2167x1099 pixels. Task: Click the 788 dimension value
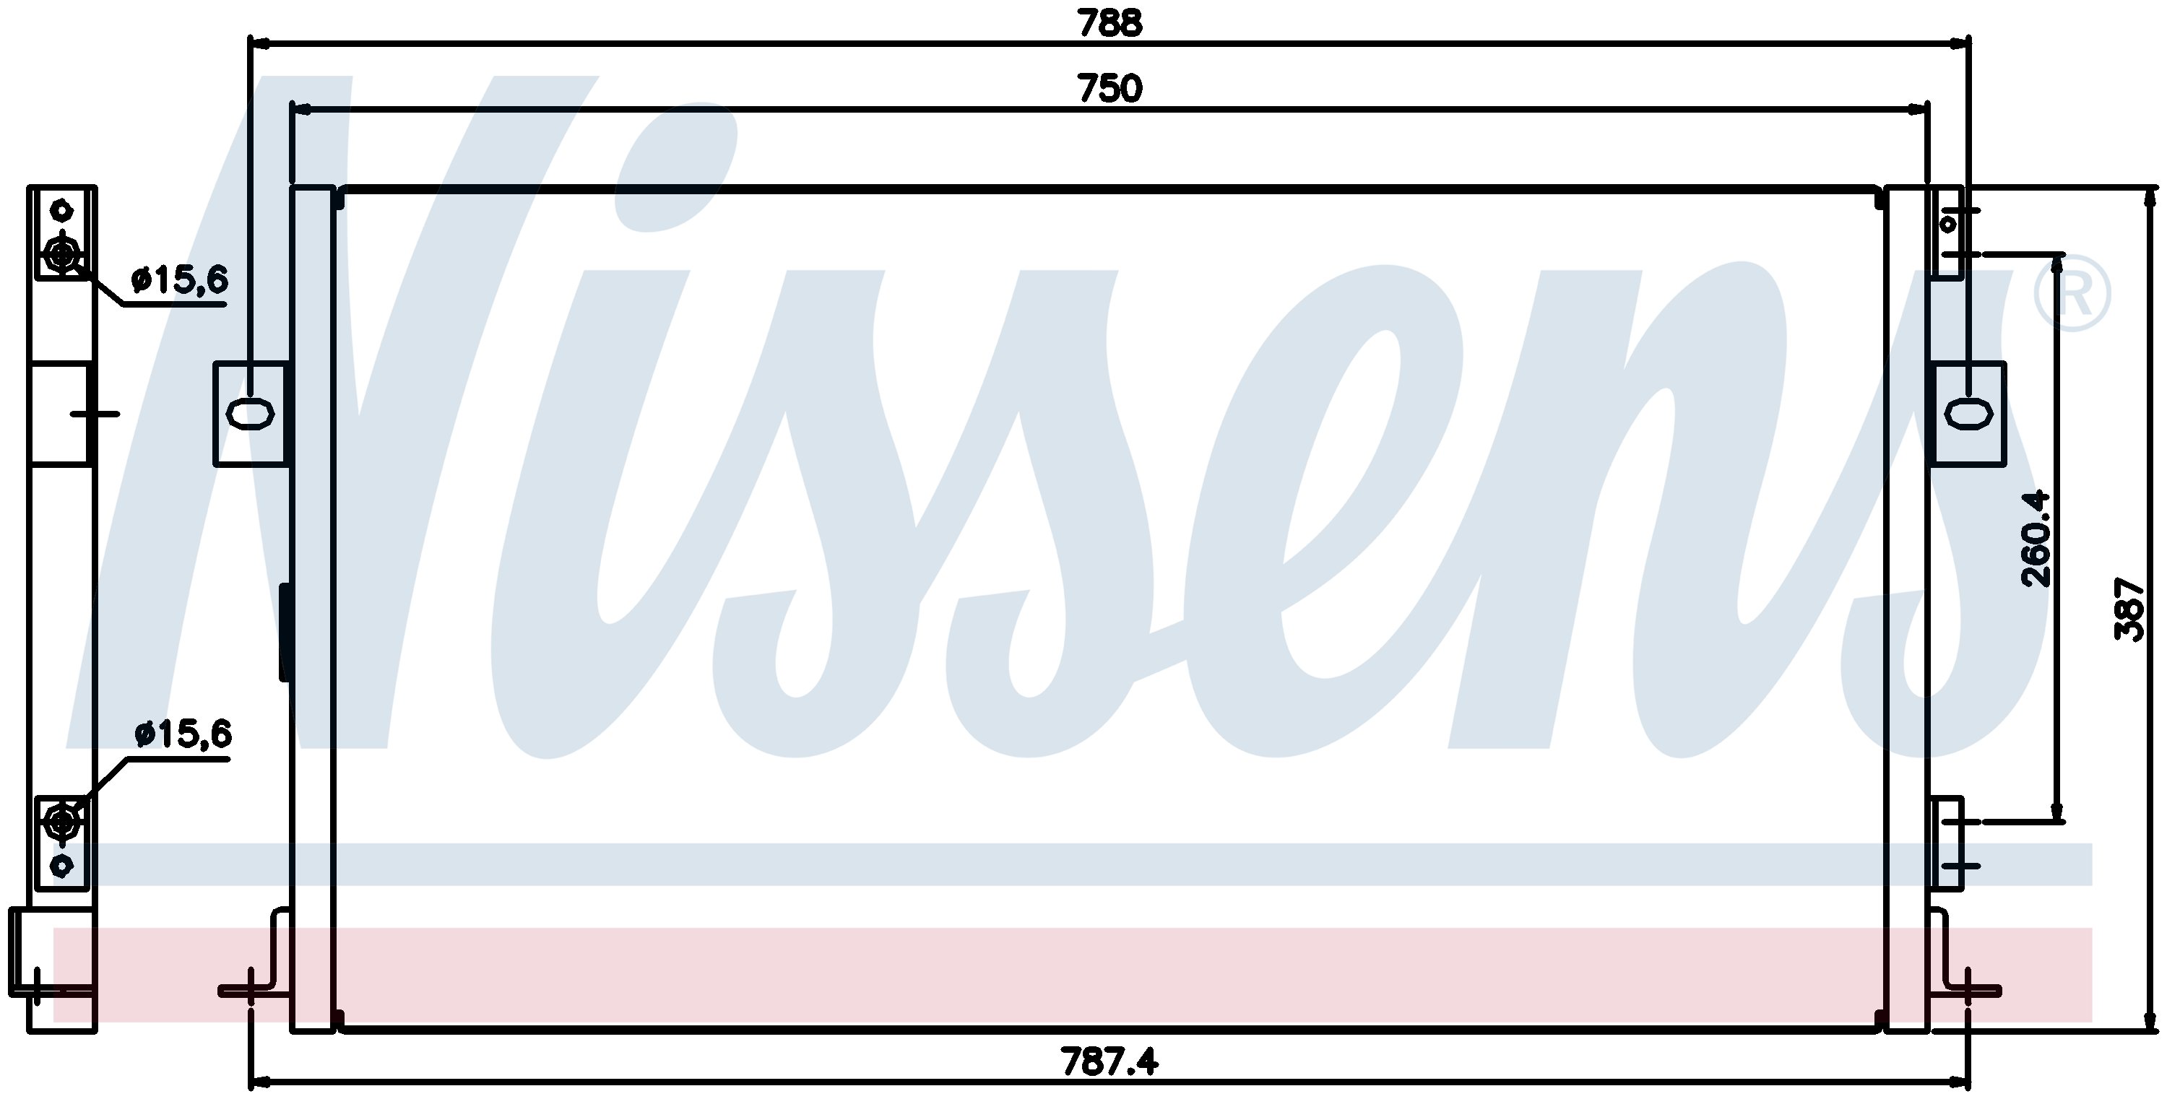[x=1110, y=24]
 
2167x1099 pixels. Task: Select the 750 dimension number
[x=1110, y=89]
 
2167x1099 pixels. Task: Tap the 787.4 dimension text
[x=1110, y=1061]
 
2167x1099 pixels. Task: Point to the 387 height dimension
[x=2130, y=609]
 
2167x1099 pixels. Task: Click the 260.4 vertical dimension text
[x=2035, y=538]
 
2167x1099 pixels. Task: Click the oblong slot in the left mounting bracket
[x=251, y=414]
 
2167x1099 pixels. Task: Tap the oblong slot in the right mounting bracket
[x=1968, y=414]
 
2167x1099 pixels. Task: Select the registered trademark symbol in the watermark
[x=2071, y=292]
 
